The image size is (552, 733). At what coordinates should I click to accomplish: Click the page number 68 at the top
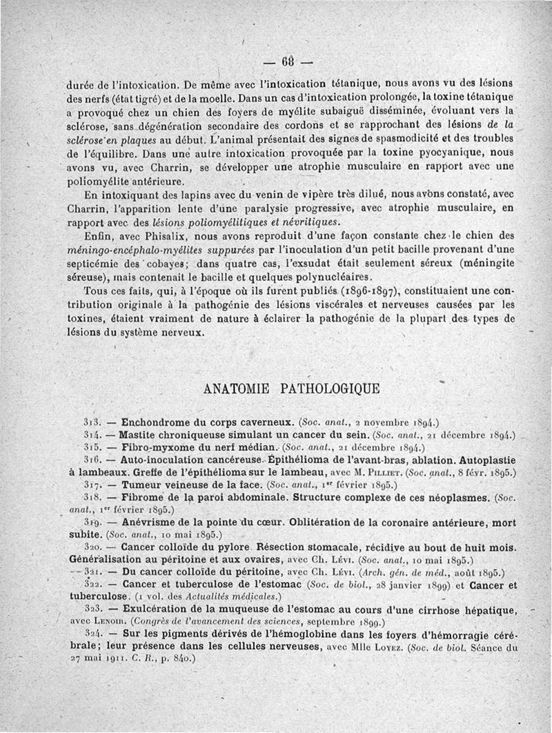pos(287,60)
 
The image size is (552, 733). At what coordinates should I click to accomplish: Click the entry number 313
pos(92,422)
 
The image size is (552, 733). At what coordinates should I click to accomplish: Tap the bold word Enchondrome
pos(155,421)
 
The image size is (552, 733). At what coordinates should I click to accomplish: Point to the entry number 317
pos(92,485)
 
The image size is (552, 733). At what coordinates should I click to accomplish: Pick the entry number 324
pos(92,634)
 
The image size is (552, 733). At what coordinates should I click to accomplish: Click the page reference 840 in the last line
pos(182,659)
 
